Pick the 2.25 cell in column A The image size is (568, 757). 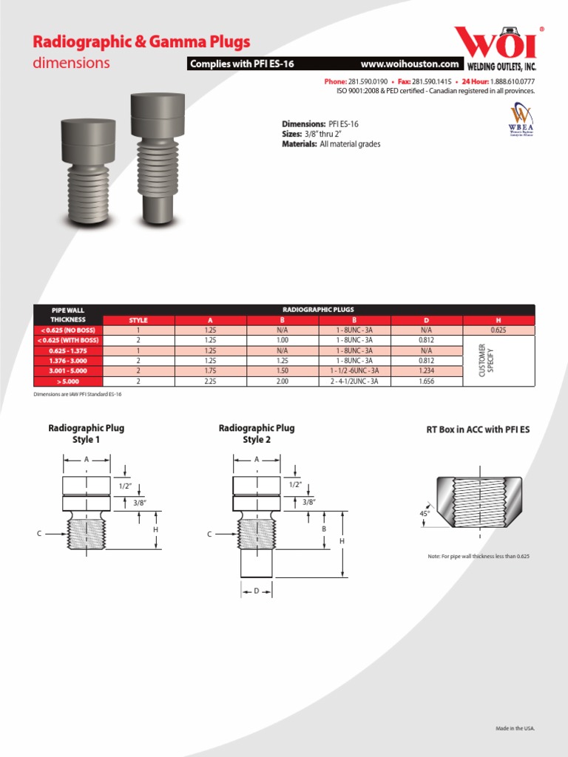(210, 381)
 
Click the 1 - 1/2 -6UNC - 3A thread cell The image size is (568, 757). (354, 370)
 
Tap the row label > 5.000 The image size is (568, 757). (68, 381)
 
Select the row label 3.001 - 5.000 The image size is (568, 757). (68, 370)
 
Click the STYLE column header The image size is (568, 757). (138, 320)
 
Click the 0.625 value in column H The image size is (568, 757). (498, 330)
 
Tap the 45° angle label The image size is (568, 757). (424, 512)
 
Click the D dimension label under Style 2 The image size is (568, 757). (256, 591)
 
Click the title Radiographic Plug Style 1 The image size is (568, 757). (86, 433)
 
